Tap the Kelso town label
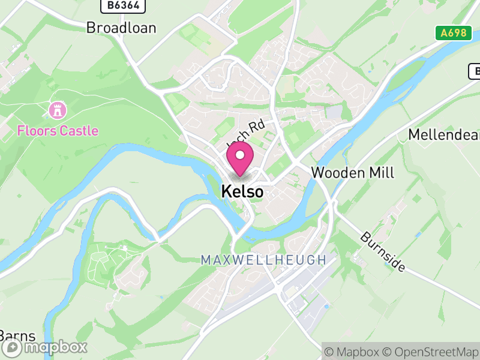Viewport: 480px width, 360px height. point(242,191)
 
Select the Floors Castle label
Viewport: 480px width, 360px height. point(58,130)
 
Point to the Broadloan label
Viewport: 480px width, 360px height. point(121,28)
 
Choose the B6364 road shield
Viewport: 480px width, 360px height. point(122,5)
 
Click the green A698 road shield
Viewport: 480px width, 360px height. point(452,33)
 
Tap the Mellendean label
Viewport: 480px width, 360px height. point(443,134)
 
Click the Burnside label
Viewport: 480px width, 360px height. point(383,250)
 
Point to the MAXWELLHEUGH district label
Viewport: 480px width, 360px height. point(263,260)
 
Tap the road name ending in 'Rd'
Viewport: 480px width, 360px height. point(246,134)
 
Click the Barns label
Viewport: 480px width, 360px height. point(17,335)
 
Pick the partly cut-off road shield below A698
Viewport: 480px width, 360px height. point(474,71)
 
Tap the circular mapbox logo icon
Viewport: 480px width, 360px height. point(13,347)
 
